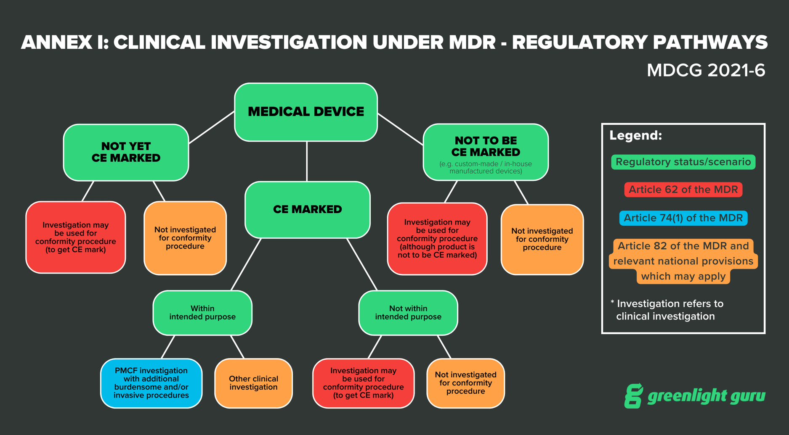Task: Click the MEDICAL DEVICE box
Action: point(306,112)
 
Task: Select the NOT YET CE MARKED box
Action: point(126,152)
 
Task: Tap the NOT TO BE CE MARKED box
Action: point(486,152)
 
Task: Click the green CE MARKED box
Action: point(307,209)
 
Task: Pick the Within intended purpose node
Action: point(202,313)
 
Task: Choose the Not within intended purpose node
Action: point(408,313)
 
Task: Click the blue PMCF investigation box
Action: point(151,383)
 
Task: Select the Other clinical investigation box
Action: point(253,383)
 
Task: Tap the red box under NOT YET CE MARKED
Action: point(76,237)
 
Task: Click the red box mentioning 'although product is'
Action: point(437,239)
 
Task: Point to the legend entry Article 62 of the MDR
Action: point(683,190)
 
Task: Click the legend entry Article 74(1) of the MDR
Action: point(683,218)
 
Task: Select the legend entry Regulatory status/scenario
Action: point(683,162)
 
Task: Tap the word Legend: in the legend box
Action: point(635,135)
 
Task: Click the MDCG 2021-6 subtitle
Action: point(706,70)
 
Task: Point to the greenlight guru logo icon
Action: point(633,395)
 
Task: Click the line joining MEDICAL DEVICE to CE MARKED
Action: point(307,161)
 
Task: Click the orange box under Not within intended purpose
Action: point(465,383)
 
